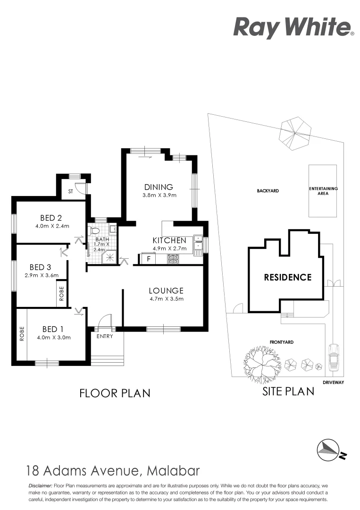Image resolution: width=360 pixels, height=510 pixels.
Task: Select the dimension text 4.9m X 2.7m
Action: [x=169, y=248]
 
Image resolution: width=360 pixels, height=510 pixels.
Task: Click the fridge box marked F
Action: [x=149, y=259]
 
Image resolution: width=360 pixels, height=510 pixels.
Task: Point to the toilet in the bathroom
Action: [x=94, y=231]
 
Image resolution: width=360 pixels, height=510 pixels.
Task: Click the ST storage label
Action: [x=70, y=192]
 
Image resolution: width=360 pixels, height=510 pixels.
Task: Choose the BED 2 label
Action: [x=51, y=218]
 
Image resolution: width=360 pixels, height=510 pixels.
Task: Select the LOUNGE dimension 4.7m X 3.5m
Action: [x=166, y=298]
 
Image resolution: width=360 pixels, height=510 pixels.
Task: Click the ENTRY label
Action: [x=104, y=336]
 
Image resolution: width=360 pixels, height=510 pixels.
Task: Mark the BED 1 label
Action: [x=53, y=329]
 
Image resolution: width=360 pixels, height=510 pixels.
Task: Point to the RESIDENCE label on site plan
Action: [x=287, y=277]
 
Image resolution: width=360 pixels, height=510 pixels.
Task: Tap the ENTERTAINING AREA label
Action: [x=323, y=191]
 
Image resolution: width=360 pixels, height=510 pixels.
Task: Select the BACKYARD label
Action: [x=268, y=191]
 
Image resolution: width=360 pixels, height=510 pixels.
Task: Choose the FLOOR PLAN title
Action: [x=115, y=392]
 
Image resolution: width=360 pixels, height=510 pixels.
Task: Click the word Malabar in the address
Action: [x=174, y=471]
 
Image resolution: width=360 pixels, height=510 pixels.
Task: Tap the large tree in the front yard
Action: [x=258, y=363]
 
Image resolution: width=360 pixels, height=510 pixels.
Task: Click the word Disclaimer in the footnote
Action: [x=41, y=485]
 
